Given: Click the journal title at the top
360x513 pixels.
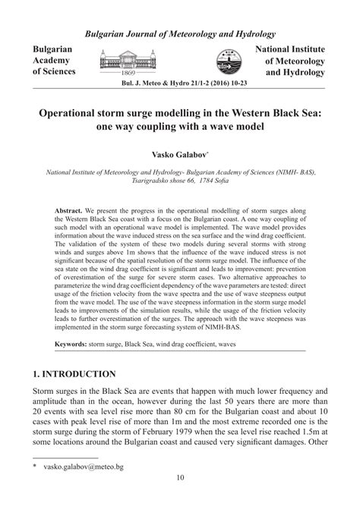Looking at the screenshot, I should pos(180,34).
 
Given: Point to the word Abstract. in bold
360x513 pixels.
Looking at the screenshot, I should pos(70,208).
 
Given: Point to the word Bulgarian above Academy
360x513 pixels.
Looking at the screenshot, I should pos(52,48).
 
